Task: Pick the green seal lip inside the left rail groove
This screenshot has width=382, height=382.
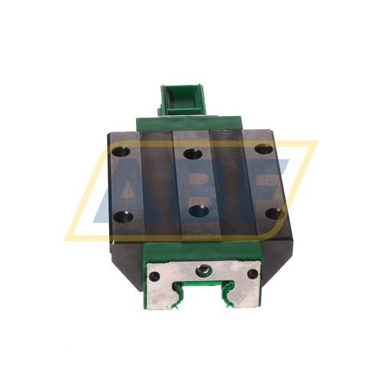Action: (x=180, y=294)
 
